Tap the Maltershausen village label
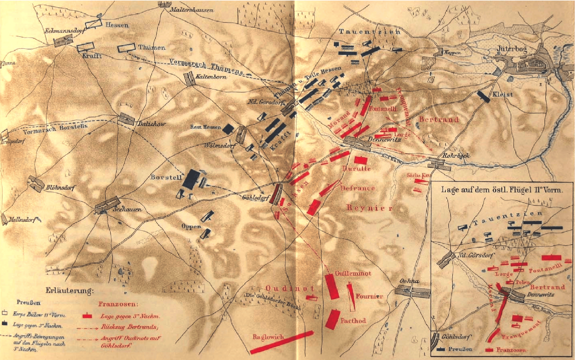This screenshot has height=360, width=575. coord(192,10)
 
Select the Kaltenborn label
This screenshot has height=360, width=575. coord(211,77)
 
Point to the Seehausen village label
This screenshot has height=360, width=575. coord(127,209)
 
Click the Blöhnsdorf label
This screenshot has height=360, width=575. coord(61,187)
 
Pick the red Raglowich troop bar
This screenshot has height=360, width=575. coord(282,342)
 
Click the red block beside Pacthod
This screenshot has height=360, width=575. coord(332,319)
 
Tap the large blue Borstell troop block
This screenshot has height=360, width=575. coord(191,179)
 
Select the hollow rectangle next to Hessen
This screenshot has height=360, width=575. coord(93,24)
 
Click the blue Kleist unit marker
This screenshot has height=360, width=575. coord(484,96)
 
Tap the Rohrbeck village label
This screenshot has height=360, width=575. coord(456,155)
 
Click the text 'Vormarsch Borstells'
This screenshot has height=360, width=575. coord(55,129)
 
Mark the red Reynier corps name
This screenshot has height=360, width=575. coord(369,208)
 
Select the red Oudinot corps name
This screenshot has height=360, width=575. coord(290,288)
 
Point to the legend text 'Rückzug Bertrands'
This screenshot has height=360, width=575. coord(129,327)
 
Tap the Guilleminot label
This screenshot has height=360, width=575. coord(353,273)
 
